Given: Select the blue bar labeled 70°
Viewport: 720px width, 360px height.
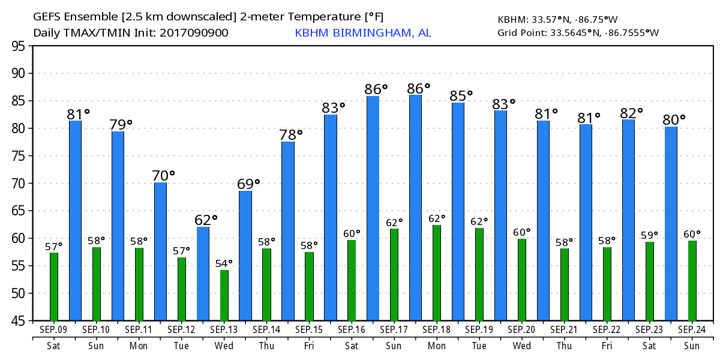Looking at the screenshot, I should point(160,251).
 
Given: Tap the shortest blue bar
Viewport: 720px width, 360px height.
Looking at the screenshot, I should point(203,274).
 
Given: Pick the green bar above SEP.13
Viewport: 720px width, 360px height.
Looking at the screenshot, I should point(224,295).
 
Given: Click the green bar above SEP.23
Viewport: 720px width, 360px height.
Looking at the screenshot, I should point(650,281).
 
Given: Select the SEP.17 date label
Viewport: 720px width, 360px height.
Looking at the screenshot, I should point(394,329).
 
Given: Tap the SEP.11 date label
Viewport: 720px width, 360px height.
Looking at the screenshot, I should point(139,329).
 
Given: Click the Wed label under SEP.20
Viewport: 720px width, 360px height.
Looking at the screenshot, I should point(521,346).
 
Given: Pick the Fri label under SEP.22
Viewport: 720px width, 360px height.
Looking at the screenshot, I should point(607,346).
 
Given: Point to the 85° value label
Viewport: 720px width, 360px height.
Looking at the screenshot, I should point(461,95).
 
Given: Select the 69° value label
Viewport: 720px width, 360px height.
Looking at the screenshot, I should point(248,184).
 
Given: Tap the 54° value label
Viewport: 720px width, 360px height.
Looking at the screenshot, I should point(224,263).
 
